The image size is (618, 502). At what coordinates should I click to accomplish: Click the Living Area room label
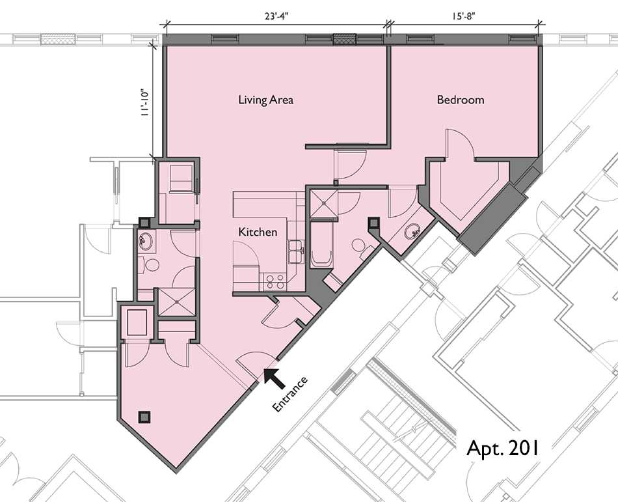(x=265, y=100)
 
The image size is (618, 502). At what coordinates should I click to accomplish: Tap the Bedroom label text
(x=460, y=100)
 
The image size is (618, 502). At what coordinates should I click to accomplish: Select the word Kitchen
(x=258, y=232)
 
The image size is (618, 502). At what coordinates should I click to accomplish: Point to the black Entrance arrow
(x=273, y=377)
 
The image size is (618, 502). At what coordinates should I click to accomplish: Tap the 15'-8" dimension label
(x=464, y=17)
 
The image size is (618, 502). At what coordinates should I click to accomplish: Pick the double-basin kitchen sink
(x=295, y=251)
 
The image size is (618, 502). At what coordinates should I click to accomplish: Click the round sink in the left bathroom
(x=144, y=242)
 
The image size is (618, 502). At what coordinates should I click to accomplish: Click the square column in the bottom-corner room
(x=144, y=416)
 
